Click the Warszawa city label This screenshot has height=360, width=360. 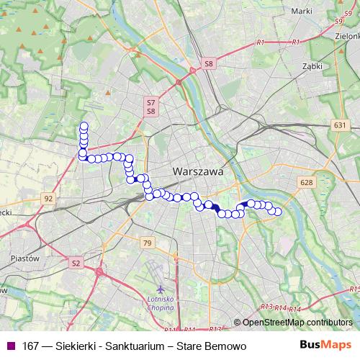coord(198,173)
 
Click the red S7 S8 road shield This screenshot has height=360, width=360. coord(151,107)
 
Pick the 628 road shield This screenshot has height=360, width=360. coord(307,183)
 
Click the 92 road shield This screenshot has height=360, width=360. coord(48,198)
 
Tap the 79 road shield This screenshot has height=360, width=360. coord(148,243)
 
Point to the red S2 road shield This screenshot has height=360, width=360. coord(76,264)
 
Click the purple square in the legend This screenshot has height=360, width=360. coord(9,346)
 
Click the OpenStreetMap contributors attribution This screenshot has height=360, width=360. coord(296,322)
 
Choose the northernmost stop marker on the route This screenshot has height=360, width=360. coord(84,126)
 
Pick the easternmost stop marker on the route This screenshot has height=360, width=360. coord(277,212)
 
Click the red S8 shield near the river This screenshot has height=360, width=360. coord(209,64)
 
